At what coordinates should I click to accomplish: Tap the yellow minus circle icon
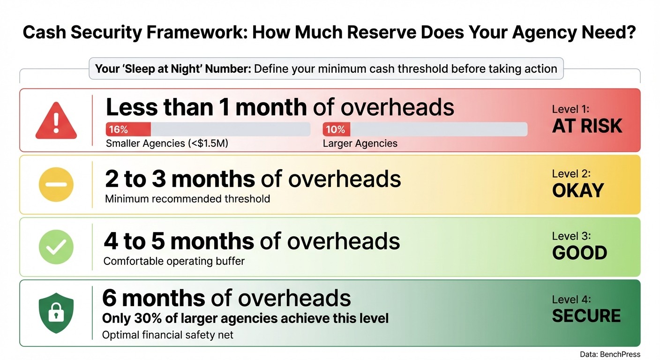pos(56,185)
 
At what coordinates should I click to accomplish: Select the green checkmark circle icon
pos(56,247)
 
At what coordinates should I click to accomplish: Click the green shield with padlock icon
pos(56,313)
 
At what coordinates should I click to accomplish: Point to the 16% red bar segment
pos(128,129)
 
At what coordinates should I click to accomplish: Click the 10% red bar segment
pos(336,129)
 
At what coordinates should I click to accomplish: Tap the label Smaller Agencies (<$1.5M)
pos(167,143)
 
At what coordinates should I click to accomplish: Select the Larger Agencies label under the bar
pos(360,143)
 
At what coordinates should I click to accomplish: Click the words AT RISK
pos(587,126)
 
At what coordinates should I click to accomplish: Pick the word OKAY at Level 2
pos(578,191)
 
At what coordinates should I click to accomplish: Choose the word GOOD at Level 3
pos(580,253)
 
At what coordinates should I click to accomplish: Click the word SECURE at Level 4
pos(586,316)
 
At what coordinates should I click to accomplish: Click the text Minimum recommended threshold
pos(187,199)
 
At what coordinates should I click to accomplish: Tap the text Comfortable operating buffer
pos(174,261)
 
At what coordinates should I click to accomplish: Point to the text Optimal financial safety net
pos(168,335)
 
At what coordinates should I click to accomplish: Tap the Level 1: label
pos(570,109)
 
